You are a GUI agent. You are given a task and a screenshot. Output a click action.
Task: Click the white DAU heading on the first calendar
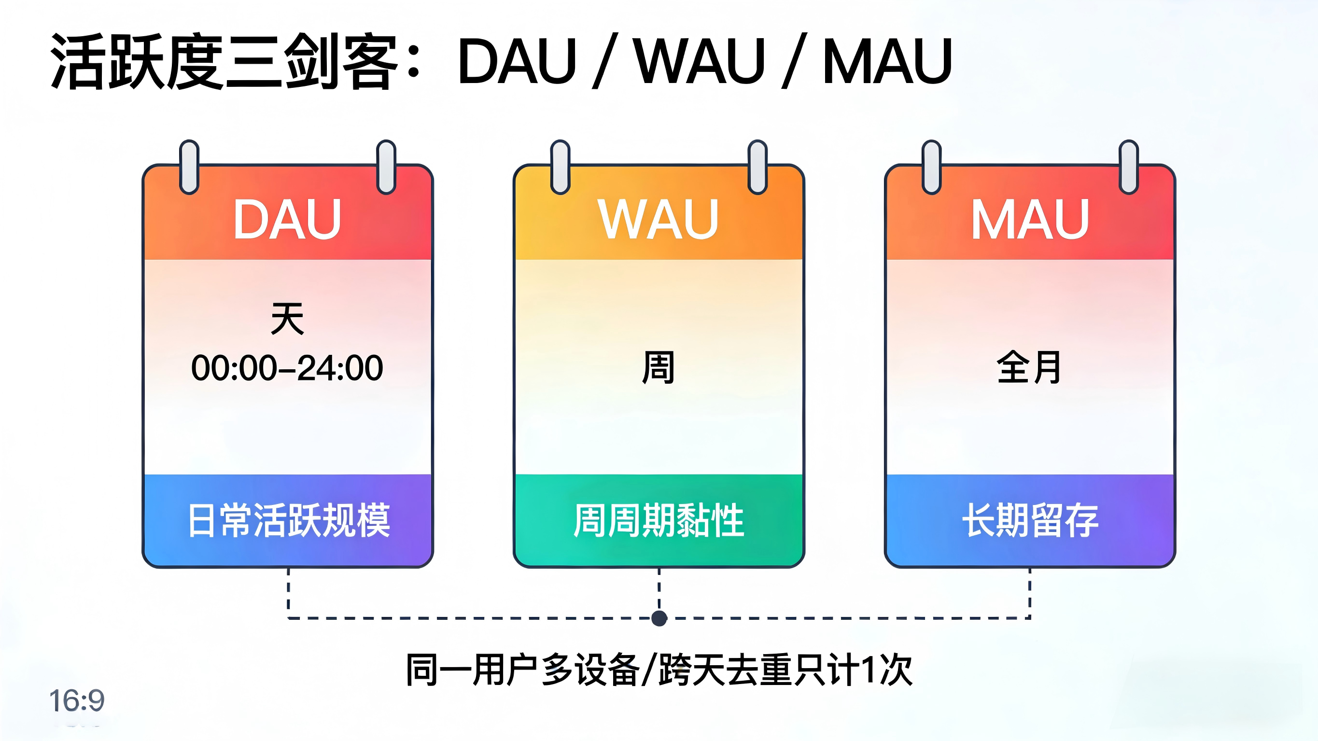click(x=287, y=220)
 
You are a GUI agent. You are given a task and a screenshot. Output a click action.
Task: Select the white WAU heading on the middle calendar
click(x=659, y=220)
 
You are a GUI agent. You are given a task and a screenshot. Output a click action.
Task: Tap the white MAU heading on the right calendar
click(x=1029, y=220)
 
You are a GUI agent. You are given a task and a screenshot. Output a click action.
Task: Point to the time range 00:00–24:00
click(x=287, y=368)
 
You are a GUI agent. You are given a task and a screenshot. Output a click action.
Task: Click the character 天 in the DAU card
click(x=287, y=318)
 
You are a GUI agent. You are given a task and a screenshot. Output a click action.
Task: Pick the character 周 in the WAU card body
click(x=659, y=367)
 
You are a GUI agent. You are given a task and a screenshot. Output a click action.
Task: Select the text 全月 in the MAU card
click(x=1029, y=367)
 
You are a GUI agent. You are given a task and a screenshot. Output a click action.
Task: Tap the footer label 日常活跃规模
click(x=289, y=520)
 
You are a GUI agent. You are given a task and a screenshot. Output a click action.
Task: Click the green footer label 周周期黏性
click(x=659, y=520)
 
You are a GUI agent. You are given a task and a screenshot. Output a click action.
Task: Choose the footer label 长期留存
click(x=1030, y=520)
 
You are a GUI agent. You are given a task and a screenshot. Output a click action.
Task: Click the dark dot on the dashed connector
click(x=659, y=618)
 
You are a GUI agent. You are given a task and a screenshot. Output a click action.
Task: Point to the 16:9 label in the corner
click(x=77, y=700)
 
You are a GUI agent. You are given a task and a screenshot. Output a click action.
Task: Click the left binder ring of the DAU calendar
click(x=189, y=167)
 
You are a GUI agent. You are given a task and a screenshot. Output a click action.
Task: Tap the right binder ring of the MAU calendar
click(x=1128, y=167)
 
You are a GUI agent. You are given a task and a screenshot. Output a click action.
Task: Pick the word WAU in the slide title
click(x=699, y=61)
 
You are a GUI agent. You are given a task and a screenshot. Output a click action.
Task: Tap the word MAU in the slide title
click(x=887, y=61)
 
